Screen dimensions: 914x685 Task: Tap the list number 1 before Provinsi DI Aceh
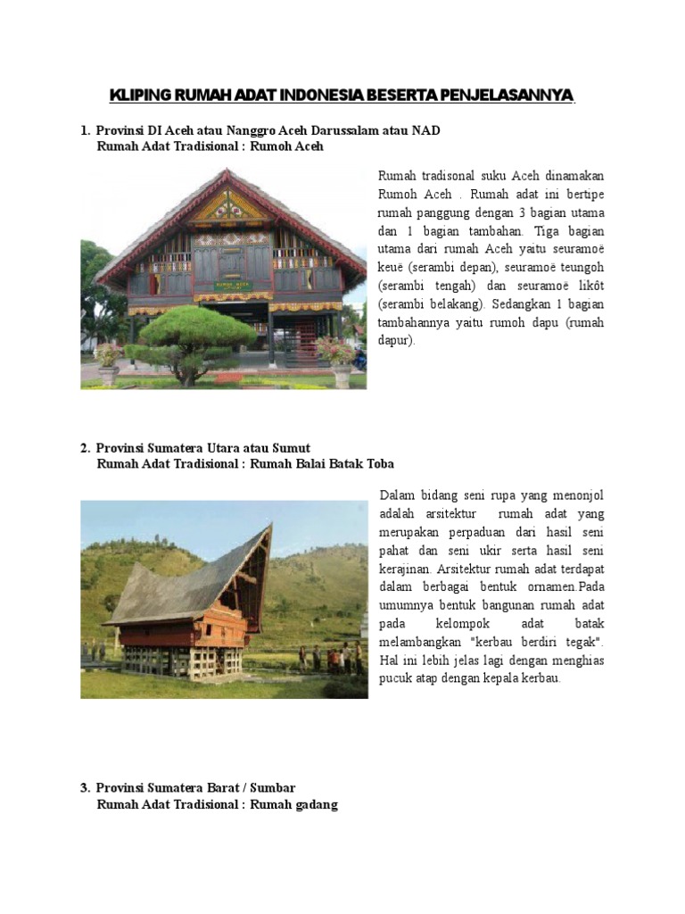[x=84, y=131]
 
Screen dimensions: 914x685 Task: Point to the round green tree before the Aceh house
[x=186, y=329]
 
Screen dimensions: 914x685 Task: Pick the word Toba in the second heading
[x=379, y=464]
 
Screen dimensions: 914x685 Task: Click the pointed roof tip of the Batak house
[x=268, y=528]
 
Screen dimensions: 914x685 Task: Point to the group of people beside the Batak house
[x=334, y=658]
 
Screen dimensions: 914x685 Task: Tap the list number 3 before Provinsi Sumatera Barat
[x=84, y=788]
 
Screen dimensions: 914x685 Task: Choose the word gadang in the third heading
[x=318, y=805]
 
